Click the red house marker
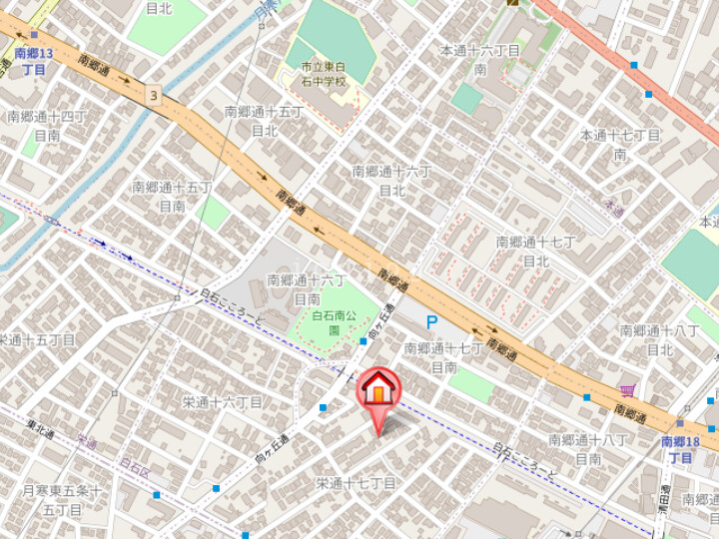click(x=378, y=389)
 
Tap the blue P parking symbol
click(x=431, y=321)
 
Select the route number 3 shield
click(x=152, y=95)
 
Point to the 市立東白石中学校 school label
click(x=324, y=74)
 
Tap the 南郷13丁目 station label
click(x=33, y=61)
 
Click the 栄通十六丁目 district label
click(x=222, y=402)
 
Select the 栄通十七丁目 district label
click(x=357, y=483)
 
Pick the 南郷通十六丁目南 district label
click(x=306, y=288)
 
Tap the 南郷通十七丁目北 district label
click(x=536, y=251)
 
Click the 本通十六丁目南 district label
click(x=480, y=59)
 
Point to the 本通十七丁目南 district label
click(x=620, y=144)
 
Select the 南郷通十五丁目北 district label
click(x=264, y=121)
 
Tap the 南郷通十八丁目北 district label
click(x=659, y=339)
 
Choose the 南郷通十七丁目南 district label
click(x=443, y=357)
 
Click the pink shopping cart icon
click(x=627, y=390)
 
